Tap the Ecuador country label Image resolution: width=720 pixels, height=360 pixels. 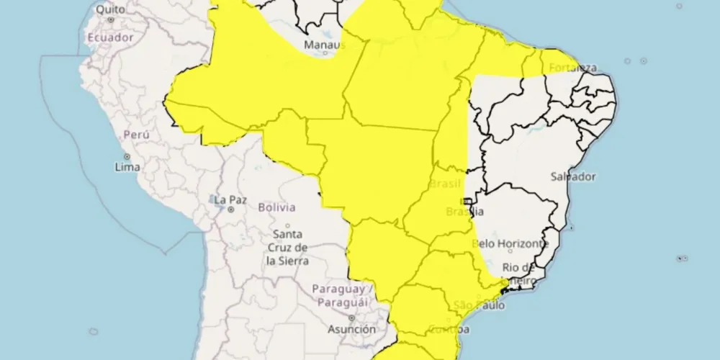tap(110, 37)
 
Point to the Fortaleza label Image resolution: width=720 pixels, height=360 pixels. tap(573, 68)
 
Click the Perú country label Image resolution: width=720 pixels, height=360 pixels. tap(136, 135)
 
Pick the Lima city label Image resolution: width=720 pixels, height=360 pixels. tap(127, 167)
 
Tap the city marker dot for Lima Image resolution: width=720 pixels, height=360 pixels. tap(127, 156)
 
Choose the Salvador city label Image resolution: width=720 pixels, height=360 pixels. tap(573, 176)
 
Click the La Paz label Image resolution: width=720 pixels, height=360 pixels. tap(230, 199)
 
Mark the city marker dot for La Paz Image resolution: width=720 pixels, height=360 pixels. tap(230, 210)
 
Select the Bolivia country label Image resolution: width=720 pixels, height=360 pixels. tap(276, 207)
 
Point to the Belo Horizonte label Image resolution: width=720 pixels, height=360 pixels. tap(510, 244)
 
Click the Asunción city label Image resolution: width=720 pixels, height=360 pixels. tap(351, 329)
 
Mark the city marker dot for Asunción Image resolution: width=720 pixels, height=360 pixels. tap(351, 318)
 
